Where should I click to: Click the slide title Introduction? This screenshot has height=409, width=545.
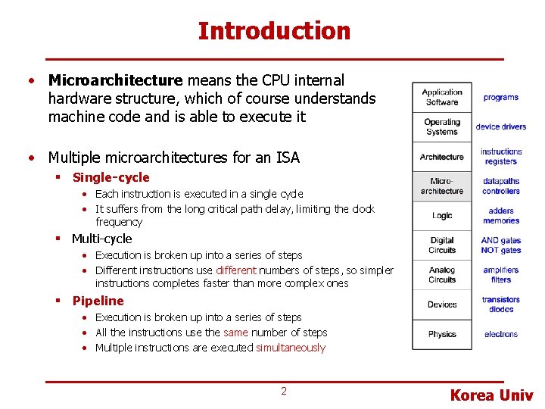(x=274, y=31)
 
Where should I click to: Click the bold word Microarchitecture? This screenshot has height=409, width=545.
(x=115, y=80)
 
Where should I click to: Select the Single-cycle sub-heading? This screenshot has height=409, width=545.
(x=111, y=177)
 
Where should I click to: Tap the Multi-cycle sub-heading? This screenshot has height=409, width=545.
(x=101, y=239)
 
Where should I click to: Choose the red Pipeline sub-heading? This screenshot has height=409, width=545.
(x=98, y=301)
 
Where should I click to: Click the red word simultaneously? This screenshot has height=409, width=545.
(x=290, y=348)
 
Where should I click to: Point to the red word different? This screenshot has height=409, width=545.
(x=235, y=270)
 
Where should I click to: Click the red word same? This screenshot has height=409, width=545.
(x=236, y=333)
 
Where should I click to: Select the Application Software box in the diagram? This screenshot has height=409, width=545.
(x=442, y=97)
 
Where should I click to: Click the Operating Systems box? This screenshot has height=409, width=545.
(x=442, y=126)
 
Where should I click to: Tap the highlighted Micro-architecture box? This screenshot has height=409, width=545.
(x=442, y=186)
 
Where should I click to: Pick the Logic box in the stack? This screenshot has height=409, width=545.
(x=442, y=216)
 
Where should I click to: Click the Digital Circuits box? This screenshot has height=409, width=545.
(x=442, y=245)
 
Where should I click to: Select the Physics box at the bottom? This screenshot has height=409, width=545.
(x=442, y=334)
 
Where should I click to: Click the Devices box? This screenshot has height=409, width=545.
(x=442, y=304)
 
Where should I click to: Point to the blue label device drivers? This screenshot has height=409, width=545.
(x=500, y=126)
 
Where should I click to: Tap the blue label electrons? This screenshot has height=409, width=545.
(x=500, y=334)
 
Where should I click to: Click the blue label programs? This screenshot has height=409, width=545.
(x=500, y=97)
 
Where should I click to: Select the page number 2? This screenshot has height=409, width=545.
(x=284, y=391)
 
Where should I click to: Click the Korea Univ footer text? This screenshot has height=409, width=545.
(x=491, y=395)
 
